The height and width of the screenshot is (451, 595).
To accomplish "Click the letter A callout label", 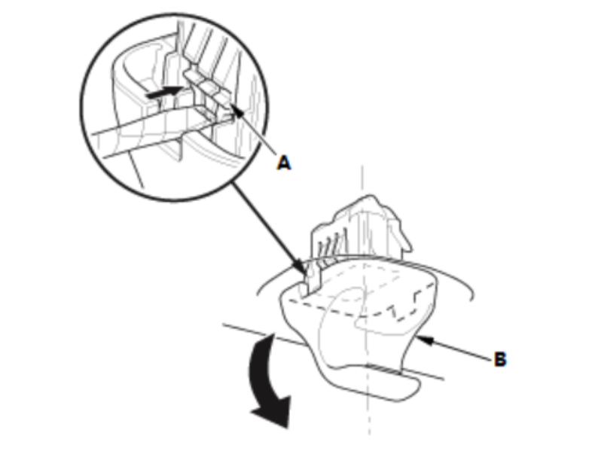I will point(283,162).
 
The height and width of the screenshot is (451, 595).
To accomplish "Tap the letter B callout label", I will point(499,359).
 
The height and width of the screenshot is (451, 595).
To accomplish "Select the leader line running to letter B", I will point(459,350).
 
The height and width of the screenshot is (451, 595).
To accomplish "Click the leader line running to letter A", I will point(260,136).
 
